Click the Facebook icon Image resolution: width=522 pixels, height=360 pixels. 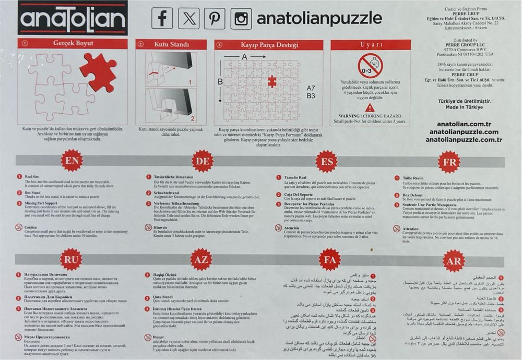tap(162, 19)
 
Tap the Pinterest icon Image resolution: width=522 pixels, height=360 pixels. tap(215, 19)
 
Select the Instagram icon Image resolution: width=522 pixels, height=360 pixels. tap(241, 19)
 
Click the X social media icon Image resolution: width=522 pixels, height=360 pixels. tap(188, 19)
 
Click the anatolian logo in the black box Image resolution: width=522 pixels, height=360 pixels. tap(73, 18)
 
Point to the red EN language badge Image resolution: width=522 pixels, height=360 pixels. tap(72, 161)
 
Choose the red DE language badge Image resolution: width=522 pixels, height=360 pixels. tap(202, 161)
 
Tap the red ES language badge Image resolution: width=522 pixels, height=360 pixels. tap(328, 161)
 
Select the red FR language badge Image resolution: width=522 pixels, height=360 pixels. tap(450, 161)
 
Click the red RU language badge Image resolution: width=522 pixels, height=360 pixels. tap(72, 259)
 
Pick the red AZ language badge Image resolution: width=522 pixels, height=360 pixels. tap(201, 259)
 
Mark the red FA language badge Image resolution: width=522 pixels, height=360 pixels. tap(330, 259)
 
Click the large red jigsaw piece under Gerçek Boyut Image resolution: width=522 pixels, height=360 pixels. tap(99, 70)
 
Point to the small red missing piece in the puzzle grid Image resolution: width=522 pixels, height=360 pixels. tap(272, 82)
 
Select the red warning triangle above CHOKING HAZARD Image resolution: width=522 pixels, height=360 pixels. tap(370, 107)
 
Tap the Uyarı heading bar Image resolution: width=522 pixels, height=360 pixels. tap(372, 45)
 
